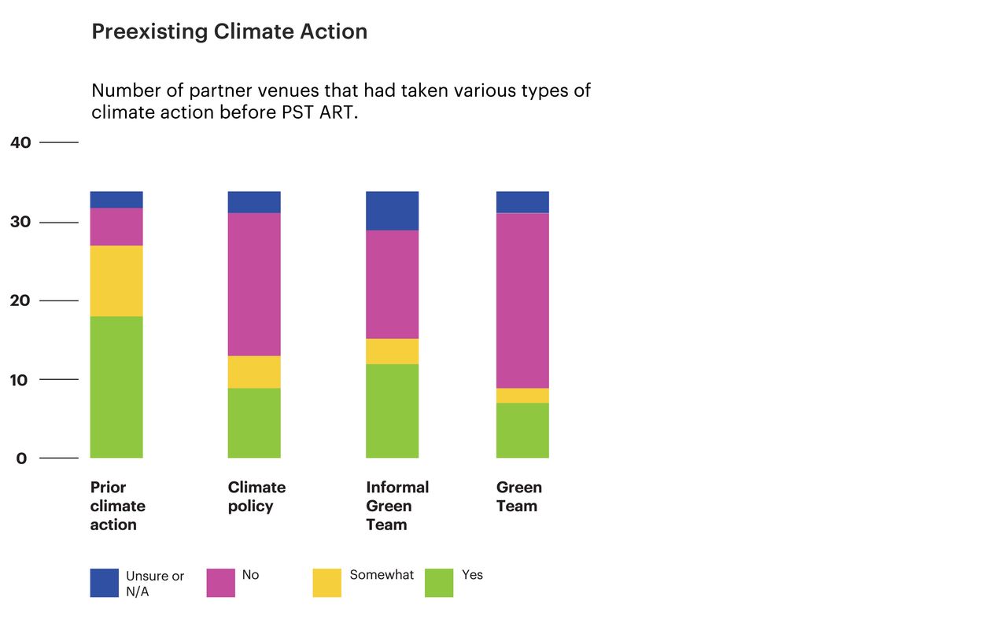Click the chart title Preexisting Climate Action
click(x=229, y=32)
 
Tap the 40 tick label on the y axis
click(x=20, y=142)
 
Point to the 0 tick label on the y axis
click(x=20, y=459)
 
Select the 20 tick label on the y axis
click(x=20, y=301)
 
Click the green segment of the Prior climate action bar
click(x=116, y=387)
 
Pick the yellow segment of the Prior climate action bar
click(x=116, y=281)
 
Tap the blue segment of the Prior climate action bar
click(x=116, y=199)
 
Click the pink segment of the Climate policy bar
click(x=254, y=284)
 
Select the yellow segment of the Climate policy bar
click(x=254, y=372)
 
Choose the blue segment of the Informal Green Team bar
click(x=392, y=211)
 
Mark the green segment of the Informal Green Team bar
click(x=392, y=411)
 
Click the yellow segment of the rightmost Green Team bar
click(x=522, y=396)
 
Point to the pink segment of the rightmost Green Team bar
click(x=522, y=300)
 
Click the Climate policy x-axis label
click(x=256, y=496)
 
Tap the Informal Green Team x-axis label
click(x=397, y=506)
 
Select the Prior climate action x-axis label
click(x=118, y=506)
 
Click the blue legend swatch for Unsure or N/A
click(x=105, y=583)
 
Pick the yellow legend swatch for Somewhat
click(x=327, y=583)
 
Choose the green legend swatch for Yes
click(x=439, y=583)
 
